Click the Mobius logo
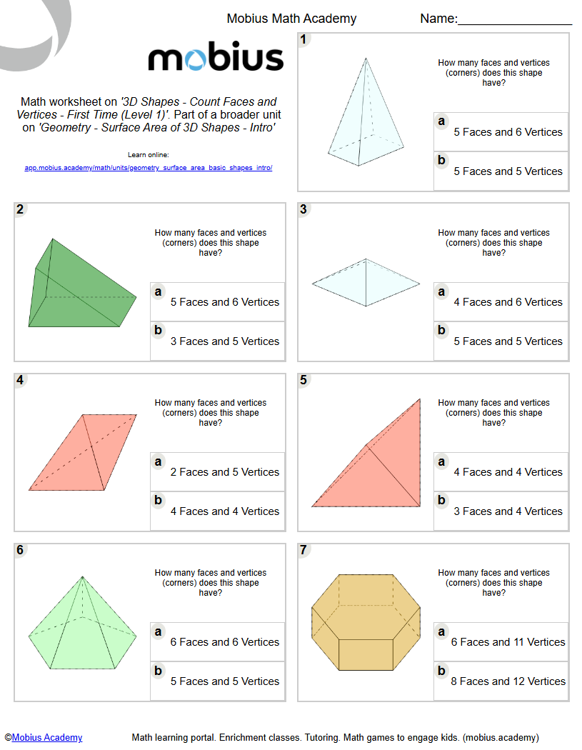pos(216,58)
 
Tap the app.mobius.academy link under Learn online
pos(149,168)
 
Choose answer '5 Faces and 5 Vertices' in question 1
pos(508,171)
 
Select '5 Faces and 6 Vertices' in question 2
pos(224,302)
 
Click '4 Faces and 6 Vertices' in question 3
pos(508,302)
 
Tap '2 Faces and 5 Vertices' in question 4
pos(224,472)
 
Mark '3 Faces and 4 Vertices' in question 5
pos(508,511)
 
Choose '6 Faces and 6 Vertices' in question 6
pos(224,642)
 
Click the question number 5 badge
pos(304,380)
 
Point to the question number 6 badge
pos(20,550)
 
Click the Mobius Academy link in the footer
pos(47,738)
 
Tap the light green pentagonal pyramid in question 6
pos(82,629)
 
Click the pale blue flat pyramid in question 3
pos(366,284)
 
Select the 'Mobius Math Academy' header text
pos(291,19)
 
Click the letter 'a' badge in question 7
pos(441,632)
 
